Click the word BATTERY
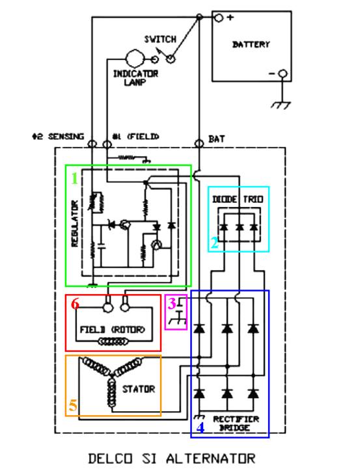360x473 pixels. pyautogui.click(x=251, y=44)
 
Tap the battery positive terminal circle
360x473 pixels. pyautogui.click(x=219, y=18)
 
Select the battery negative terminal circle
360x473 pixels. pyautogui.click(x=283, y=74)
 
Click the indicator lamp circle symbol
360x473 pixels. pyautogui.click(x=135, y=59)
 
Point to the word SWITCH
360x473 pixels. pyautogui.click(x=160, y=39)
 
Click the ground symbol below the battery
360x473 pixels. pyautogui.click(x=281, y=105)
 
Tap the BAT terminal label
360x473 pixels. pyautogui.click(x=216, y=139)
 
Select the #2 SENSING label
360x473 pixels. pyautogui.click(x=58, y=137)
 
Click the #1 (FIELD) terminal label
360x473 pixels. pyautogui.click(x=135, y=137)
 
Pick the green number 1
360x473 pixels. pyautogui.click(x=74, y=178)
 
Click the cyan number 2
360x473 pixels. pyautogui.click(x=215, y=243)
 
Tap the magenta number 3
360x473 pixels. pyautogui.click(x=172, y=303)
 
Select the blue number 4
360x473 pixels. pyautogui.click(x=201, y=427)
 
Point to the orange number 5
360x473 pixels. pyautogui.click(x=74, y=405)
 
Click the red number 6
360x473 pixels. pyautogui.click(x=75, y=303)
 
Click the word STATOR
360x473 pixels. pyautogui.click(x=139, y=389)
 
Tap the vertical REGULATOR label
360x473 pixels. pyautogui.click(x=74, y=224)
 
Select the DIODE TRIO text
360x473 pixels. pyautogui.click(x=238, y=199)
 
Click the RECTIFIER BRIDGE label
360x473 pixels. pyautogui.click(x=236, y=423)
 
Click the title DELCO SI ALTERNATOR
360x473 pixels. pyautogui.click(x=172, y=459)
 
